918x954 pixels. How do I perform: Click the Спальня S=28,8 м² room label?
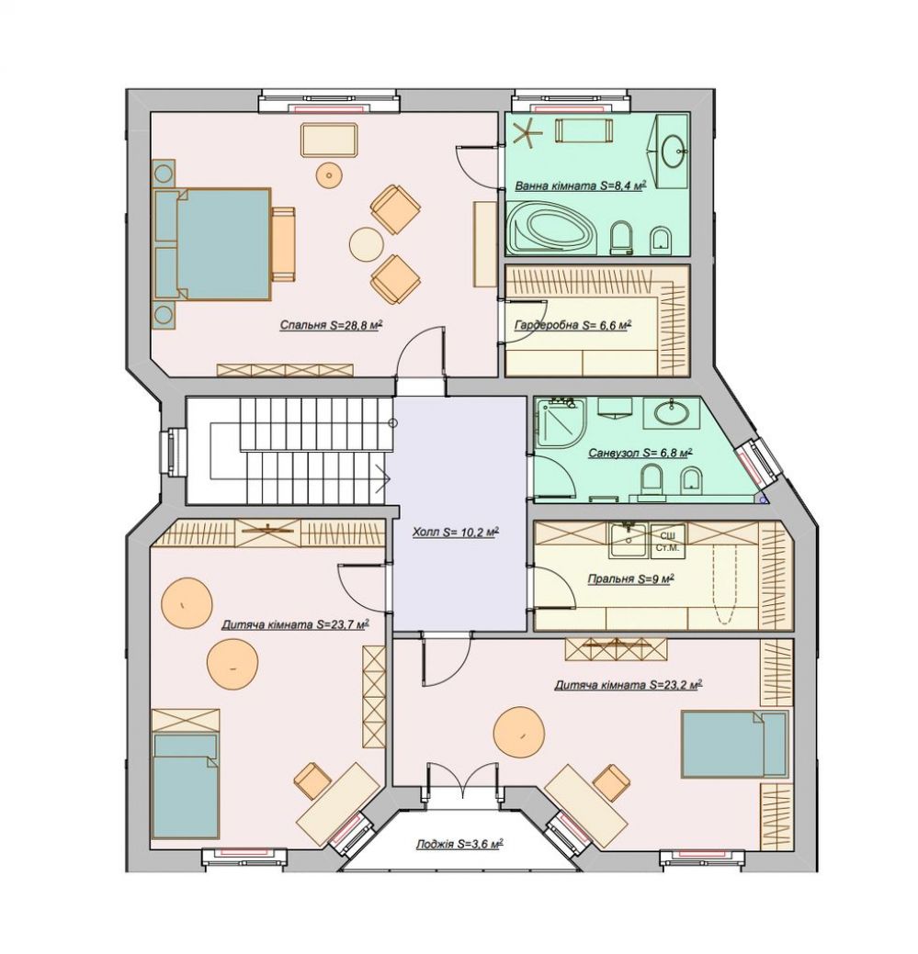(x=331, y=325)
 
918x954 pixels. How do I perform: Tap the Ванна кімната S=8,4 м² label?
(x=580, y=185)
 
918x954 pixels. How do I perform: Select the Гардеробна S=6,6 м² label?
(x=572, y=325)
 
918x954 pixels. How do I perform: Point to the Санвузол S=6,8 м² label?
(x=640, y=454)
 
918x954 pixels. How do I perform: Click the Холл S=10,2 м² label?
(x=456, y=533)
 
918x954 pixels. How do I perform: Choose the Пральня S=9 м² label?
(x=630, y=578)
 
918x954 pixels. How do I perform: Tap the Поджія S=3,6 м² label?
(x=459, y=845)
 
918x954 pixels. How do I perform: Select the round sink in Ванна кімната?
(x=674, y=149)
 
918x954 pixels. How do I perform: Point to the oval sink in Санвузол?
(x=672, y=412)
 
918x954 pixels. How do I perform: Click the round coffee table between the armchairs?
(x=366, y=244)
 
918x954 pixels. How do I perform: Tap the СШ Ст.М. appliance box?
(x=667, y=540)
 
